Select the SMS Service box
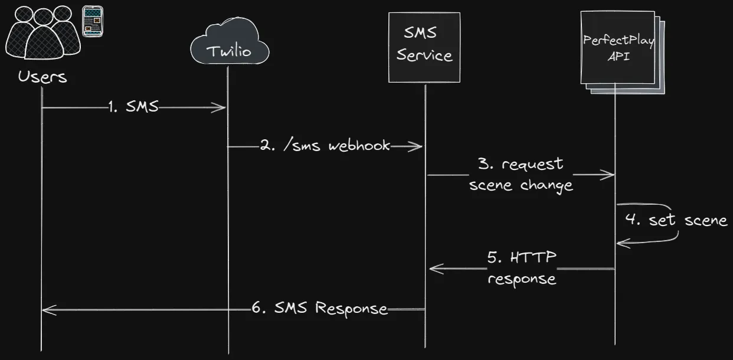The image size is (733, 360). tap(424, 47)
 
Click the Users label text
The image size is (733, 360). tap(42, 77)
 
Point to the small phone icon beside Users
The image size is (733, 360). tap(92, 22)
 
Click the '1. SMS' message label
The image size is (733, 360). tap(133, 107)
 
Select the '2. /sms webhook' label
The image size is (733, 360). tap(325, 146)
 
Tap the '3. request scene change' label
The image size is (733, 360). tap(521, 175)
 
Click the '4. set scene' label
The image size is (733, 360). tap(676, 221)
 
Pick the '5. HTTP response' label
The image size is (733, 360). tap(522, 269)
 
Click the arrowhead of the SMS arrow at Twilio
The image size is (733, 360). tap(223, 107)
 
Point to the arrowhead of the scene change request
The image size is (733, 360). tap(611, 174)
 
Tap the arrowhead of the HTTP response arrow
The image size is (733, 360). tap(433, 269)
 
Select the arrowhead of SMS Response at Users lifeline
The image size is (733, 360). tap(47, 309)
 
